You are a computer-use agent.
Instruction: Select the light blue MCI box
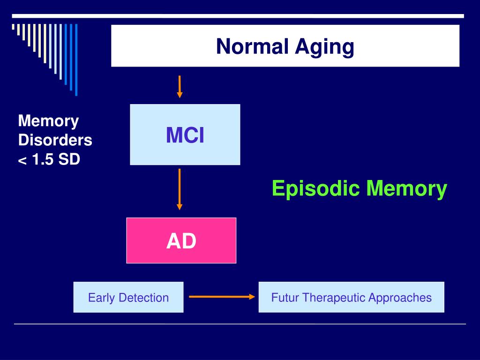(x=185, y=135)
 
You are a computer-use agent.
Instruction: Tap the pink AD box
(x=181, y=240)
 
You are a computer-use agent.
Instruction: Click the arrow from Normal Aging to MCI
(x=180, y=87)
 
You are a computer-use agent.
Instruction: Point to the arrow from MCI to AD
(x=180, y=190)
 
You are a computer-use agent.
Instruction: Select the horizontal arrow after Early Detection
(x=221, y=297)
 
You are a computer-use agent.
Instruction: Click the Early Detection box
(x=128, y=297)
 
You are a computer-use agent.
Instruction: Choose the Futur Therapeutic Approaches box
(x=351, y=297)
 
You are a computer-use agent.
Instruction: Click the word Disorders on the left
(x=55, y=140)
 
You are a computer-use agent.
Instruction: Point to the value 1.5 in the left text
(x=43, y=159)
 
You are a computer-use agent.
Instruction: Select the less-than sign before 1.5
(x=22, y=161)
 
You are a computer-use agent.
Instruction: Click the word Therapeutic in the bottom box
(x=334, y=297)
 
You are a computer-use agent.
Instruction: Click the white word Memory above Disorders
(x=48, y=121)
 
